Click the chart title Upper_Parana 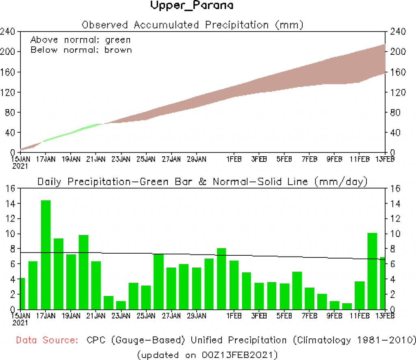(192, 6)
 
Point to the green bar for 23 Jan (121, 305)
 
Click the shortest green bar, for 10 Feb (347, 306)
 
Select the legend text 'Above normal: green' (80, 40)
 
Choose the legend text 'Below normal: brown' (81, 50)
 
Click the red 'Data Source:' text (48, 340)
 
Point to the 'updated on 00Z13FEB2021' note (208, 355)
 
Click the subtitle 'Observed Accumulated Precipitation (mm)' (193, 25)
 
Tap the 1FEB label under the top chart (234, 159)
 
